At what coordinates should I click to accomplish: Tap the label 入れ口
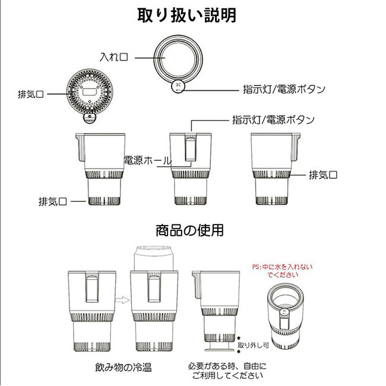point(114,58)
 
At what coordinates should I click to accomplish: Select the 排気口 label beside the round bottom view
point(30,94)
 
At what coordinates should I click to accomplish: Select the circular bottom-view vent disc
point(90,93)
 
